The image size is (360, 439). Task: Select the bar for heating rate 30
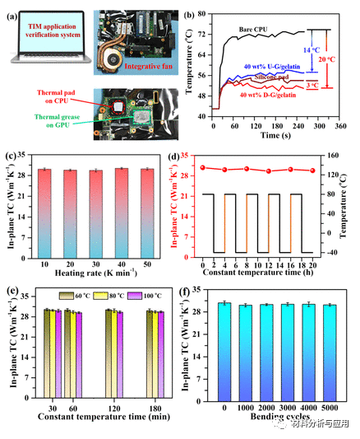(96, 213)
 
